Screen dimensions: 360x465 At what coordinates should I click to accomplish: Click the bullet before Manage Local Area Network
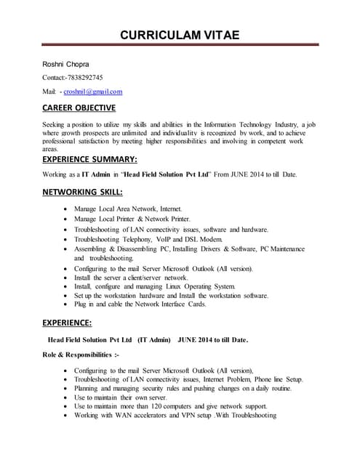pyautogui.click(x=67, y=209)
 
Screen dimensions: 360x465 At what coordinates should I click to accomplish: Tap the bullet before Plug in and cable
pyautogui.click(x=67, y=305)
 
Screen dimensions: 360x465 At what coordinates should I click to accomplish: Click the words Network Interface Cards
pyautogui.click(x=170, y=305)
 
